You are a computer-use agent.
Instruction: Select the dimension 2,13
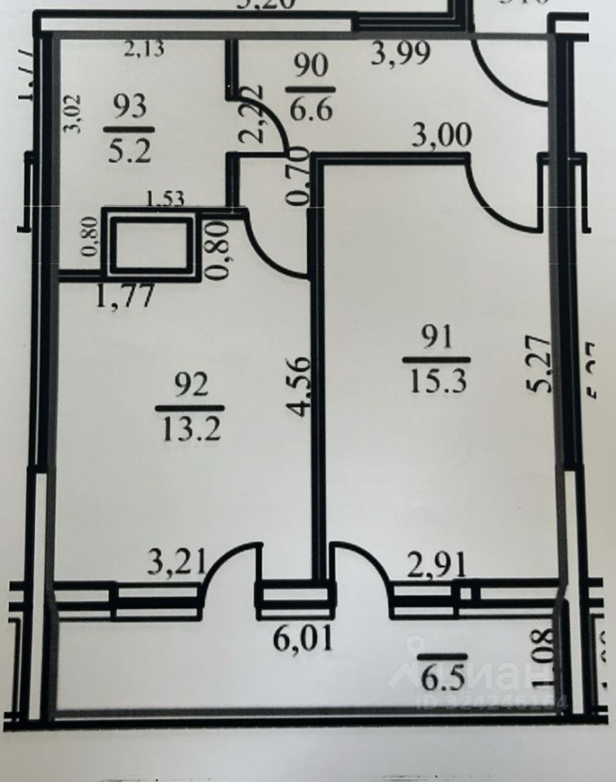point(143,50)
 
